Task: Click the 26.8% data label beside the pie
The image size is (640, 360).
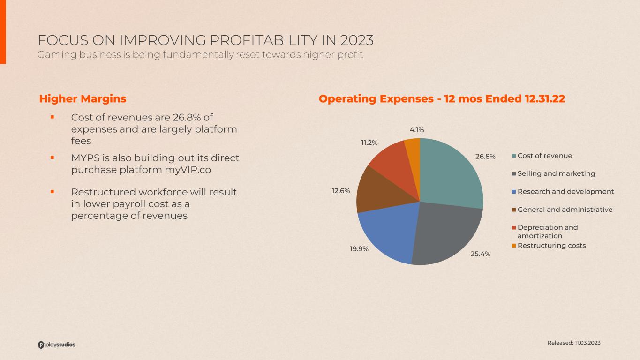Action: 485,157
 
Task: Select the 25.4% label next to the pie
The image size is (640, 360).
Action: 481,254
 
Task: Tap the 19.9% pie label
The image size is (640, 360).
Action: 359,249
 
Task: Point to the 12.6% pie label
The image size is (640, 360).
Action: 341,191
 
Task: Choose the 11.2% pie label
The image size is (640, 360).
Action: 369,142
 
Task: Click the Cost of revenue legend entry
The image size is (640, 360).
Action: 544,156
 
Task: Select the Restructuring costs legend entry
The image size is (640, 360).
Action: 551,246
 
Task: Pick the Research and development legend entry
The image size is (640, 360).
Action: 565,191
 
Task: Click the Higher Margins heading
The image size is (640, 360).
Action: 83,99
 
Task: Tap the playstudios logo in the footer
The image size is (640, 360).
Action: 56,345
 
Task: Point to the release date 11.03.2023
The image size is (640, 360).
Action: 588,343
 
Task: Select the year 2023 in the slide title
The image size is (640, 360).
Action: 357,40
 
